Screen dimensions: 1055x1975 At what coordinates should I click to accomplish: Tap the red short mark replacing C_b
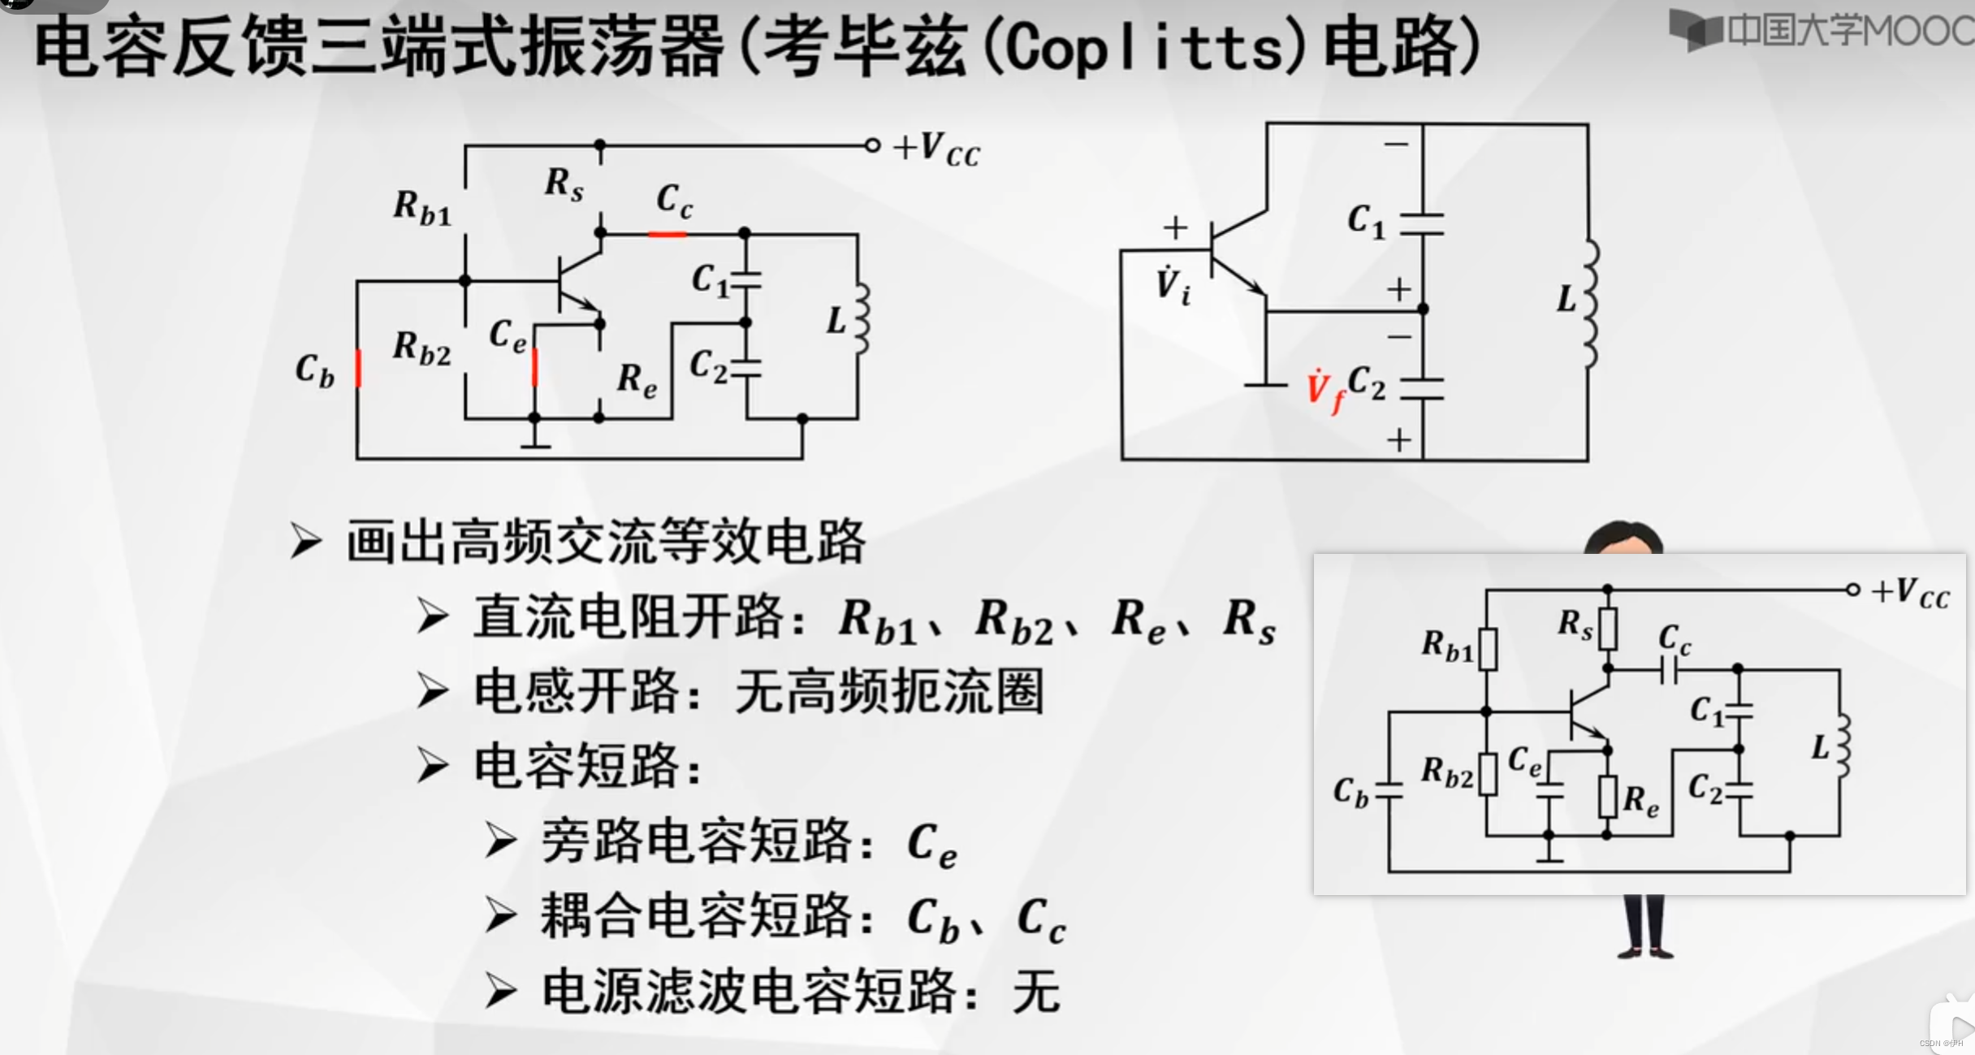pyautogui.click(x=358, y=369)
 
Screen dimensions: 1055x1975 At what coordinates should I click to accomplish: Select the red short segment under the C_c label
pyautogui.click(x=668, y=234)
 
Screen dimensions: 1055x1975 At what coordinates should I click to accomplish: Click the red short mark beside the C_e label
pyautogui.click(x=534, y=367)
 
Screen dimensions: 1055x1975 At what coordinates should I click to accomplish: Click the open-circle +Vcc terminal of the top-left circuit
pyautogui.click(x=872, y=146)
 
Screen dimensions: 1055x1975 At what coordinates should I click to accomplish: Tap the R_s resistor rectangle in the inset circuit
pyautogui.click(x=1607, y=629)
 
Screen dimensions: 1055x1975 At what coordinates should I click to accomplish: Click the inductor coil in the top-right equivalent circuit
pyautogui.click(x=1590, y=305)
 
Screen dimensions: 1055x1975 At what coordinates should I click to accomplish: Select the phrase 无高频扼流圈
pyautogui.click(x=889, y=692)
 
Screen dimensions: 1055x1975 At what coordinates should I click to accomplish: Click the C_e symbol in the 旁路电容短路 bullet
pyautogui.click(x=931, y=845)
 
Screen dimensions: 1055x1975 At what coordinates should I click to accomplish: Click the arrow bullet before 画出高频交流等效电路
pyautogui.click(x=306, y=541)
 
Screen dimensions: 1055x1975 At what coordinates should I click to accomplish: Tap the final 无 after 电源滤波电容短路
pyautogui.click(x=1036, y=992)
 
